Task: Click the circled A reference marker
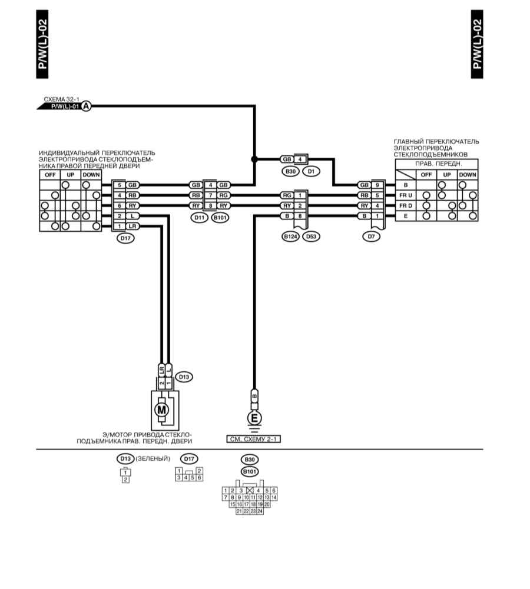click(x=87, y=107)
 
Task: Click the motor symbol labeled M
click(x=161, y=410)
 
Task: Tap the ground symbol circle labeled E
click(x=254, y=418)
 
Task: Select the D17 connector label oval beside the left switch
click(x=125, y=238)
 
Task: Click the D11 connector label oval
click(x=199, y=218)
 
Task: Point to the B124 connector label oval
click(x=290, y=237)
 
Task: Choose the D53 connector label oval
click(x=312, y=237)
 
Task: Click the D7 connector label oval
click(x=372, y=237)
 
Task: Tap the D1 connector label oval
click(x=311, y=172)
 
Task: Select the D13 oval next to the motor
click(x=184, y=377)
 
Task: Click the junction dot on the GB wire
click(x=254, y=159)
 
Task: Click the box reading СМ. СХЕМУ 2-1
click(x=254, y=439)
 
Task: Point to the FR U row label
click(x=406, y=195)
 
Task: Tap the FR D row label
click(x=406, y=206)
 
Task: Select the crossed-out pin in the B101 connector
click(x=250, y=491)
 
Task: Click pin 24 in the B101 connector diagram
click(x=260, y=511)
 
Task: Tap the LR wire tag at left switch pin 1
click(x=132, y=226)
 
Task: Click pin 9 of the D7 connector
click(x=377, y=185)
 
